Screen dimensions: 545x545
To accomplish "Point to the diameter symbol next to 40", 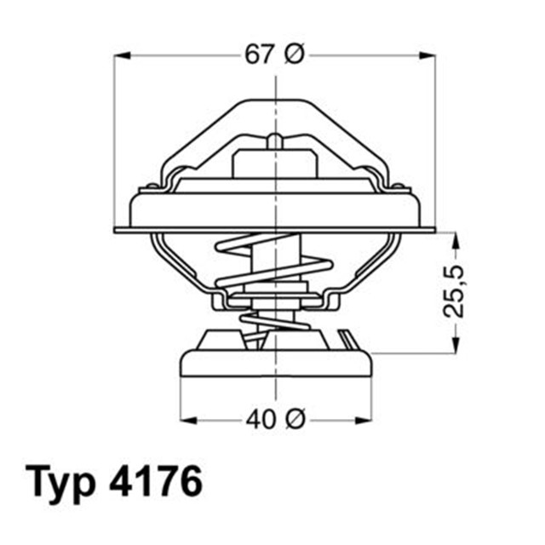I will coord(294,420).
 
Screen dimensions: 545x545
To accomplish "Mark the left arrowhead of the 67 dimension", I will coord(122,55).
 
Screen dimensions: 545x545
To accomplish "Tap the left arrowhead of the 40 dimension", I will coord(187,420).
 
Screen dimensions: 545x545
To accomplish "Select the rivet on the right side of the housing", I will coord(397,186).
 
